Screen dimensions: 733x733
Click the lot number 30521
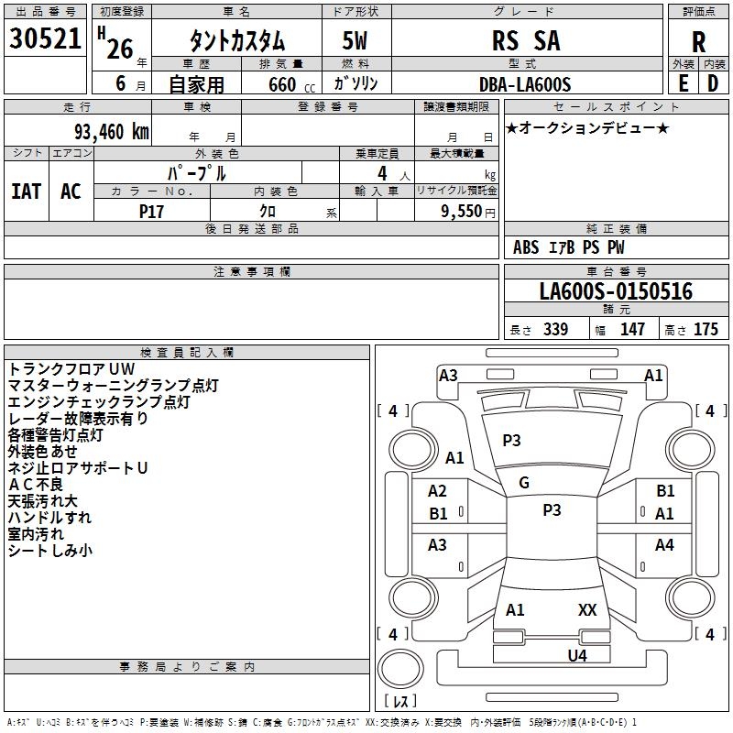45,38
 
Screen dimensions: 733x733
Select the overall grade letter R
698,42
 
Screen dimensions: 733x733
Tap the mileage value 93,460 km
111,132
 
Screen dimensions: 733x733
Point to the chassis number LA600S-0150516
616,290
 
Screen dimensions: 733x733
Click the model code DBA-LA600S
525,84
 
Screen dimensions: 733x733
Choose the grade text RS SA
526,40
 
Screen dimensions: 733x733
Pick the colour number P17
151,212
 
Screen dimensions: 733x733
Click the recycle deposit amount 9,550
461,211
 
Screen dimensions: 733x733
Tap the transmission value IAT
27,191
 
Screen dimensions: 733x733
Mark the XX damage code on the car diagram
587,609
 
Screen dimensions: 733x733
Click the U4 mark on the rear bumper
577,655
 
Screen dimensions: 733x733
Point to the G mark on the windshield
524,483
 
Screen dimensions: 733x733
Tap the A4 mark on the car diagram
664,544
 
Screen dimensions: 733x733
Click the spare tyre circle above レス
400,669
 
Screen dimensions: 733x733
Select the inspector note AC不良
36,485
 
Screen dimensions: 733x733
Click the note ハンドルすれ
49,518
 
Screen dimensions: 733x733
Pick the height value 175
706,329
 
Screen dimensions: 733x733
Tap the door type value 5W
355,40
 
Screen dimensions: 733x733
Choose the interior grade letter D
713,83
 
